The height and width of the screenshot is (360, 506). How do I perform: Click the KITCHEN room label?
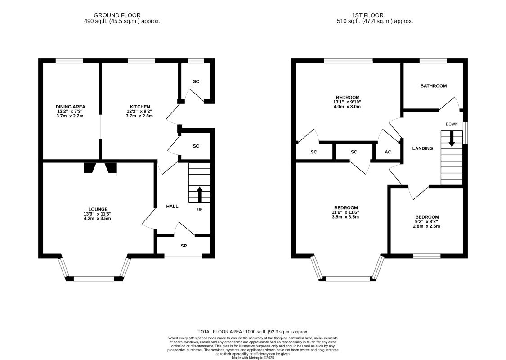click(140, 107)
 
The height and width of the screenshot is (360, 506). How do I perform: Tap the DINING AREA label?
click(70, 107)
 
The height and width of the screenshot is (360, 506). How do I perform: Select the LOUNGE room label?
click(98, 209)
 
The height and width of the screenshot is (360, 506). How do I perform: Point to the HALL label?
click(172, 206)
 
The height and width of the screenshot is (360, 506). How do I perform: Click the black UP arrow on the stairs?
click(199, 194)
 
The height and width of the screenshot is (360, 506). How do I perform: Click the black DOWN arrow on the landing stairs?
click(452, 139)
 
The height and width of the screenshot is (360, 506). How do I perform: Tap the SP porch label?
click(184, 246)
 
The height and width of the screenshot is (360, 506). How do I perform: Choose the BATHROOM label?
click(434, 86)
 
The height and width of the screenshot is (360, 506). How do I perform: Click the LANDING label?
click(422, 148)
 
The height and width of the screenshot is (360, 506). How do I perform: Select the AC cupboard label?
click(388, 152)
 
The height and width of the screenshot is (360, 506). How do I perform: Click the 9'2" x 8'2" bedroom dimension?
click(427, 222)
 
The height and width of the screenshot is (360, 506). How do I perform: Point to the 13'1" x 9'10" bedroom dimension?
click(347, 102)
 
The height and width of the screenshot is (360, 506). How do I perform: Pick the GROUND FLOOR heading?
click(117, 15)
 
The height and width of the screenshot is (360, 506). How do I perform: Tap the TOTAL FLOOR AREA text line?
click(253, 332)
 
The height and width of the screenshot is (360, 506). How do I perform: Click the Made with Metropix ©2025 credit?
click(253, 358)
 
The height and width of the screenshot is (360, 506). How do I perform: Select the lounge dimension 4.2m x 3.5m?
click(97, 219)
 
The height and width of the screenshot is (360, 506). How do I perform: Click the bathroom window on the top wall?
click(433, 61)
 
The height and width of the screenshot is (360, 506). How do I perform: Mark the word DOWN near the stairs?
click(452, 124)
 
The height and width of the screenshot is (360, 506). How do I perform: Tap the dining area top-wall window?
click(69, 61)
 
